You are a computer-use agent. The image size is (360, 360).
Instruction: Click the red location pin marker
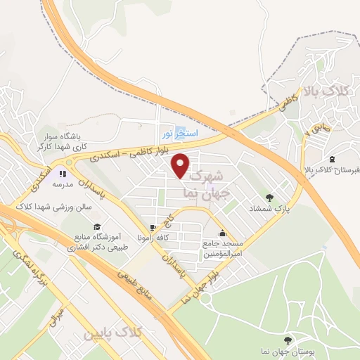click(181, 164)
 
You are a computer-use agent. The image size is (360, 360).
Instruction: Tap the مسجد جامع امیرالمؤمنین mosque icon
click(223, 233)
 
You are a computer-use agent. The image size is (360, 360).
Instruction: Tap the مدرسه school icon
click(63, 172)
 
